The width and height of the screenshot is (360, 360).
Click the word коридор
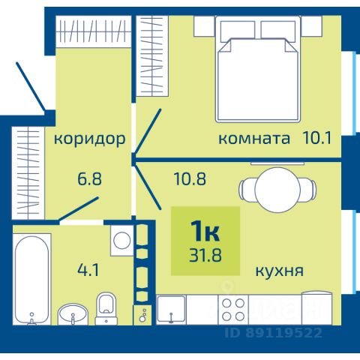[x=89, y=139]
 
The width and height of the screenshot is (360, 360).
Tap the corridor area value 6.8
[x=89, y=178]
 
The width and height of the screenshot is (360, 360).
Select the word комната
[x=254, y=139]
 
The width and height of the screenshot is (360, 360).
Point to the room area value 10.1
[x=317, y=138]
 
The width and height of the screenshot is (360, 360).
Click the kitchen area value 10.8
[x=190, y=178]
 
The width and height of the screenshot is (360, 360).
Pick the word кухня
[x=280, y=271]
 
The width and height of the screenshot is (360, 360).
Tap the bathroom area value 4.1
[x=88, y=270]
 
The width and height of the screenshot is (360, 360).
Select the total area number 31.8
[x=205, y=255]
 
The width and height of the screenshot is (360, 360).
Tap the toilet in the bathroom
[x=106, y=309]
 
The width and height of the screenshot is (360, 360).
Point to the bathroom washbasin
[x=73, y=314]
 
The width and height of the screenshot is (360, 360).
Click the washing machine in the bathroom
[x=121, y=241]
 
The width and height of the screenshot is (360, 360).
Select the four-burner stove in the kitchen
[x=233, y=310]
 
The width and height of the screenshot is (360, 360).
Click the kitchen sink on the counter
[x=171, y=310]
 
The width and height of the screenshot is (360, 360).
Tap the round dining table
[x=277, y=189]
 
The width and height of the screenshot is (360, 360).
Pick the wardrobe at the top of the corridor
[x=93, y=31]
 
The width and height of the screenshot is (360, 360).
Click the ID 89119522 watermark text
[x=273, y=333]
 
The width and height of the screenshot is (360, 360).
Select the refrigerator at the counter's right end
[x=317, y=307]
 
